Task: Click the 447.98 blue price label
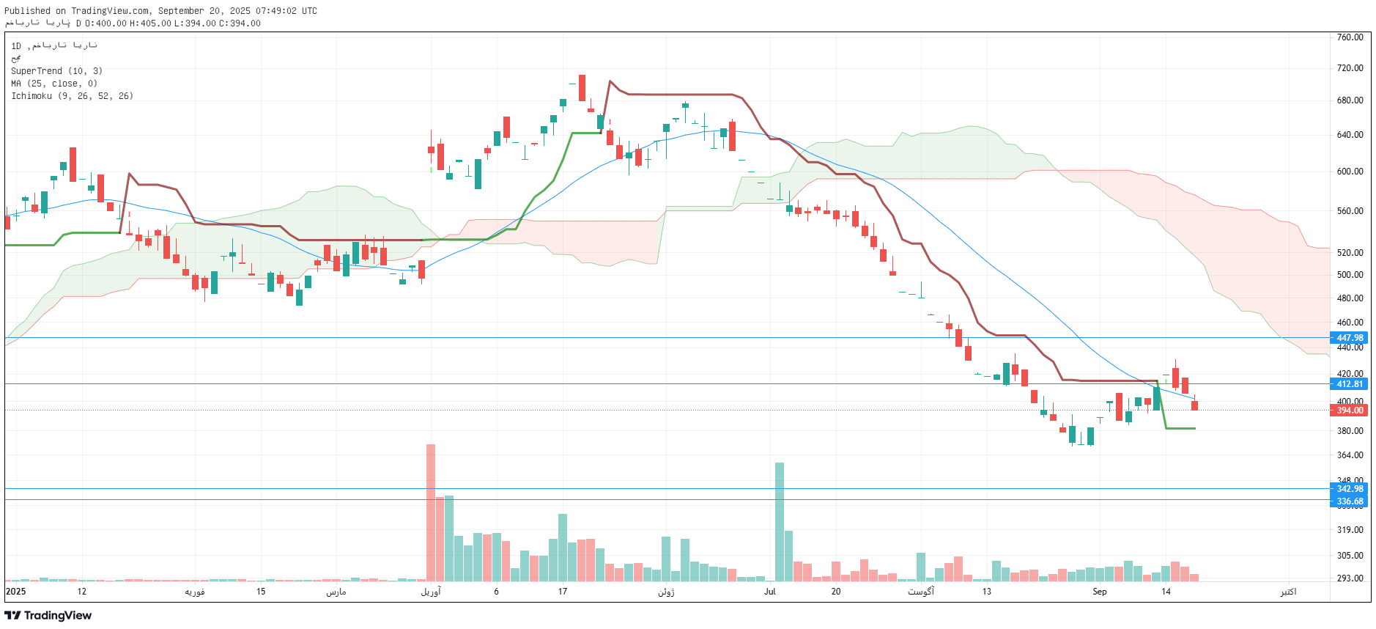[1350, 338]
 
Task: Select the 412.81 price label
[1350, 384]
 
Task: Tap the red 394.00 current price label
[1350, 411]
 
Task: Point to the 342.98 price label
[1350, 489]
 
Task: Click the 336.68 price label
[1350, 501]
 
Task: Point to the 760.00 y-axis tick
[1350, 37]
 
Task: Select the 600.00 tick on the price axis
[1350, 172]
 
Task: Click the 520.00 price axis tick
[1350, 253]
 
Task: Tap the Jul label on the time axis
[769, 592]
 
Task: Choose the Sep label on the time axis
[1099, 592]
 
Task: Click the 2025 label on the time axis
[15, 592]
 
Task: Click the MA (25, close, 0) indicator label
[54, 84]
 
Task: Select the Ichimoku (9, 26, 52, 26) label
[72, 96]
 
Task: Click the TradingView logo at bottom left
[48, 616]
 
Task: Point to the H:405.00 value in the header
[150, 23]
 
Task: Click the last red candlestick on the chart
[1194, 405]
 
